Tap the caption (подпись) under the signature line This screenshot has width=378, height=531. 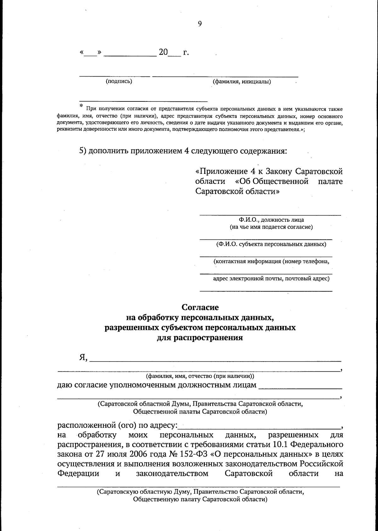119,82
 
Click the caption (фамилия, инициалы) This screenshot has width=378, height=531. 242,82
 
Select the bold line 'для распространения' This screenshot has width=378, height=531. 200,338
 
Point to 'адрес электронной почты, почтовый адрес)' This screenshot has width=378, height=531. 271,278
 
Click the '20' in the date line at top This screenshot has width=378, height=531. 163,52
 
